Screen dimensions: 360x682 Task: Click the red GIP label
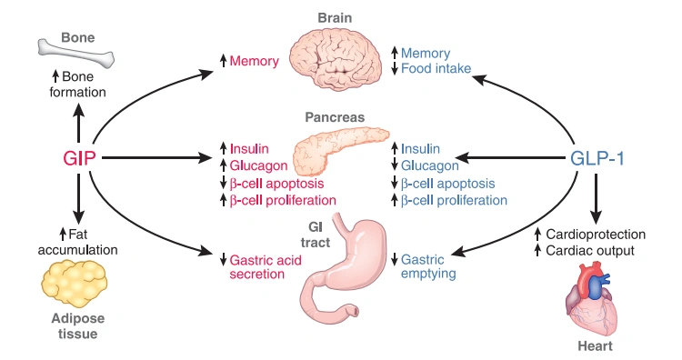click(79, 157)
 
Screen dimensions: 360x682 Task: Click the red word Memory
click(253, 61)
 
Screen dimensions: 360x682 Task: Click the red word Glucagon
click(258, 165)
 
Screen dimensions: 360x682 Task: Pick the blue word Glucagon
click(429, 165)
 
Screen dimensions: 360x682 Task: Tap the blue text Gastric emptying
click(428, 266)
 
